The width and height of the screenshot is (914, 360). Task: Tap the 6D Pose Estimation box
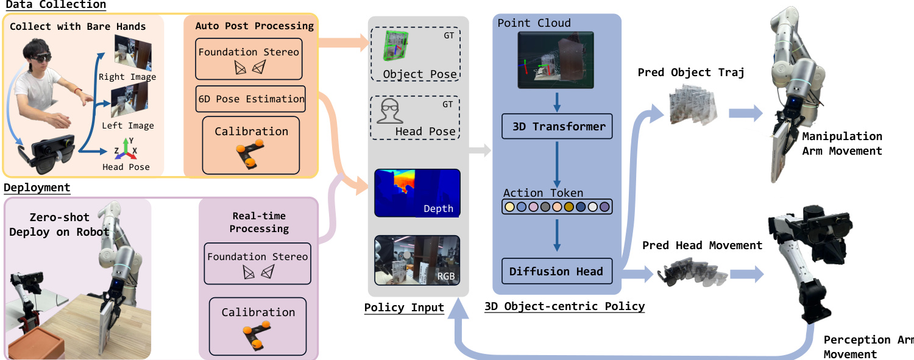[x=250, y=99]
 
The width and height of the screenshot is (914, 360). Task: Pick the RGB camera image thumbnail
[x=417, y=261]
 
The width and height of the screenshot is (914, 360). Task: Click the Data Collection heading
[x=55, y=5]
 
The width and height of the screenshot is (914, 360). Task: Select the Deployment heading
[x=37, y=188]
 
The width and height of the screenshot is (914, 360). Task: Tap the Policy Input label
[x=404, y=307]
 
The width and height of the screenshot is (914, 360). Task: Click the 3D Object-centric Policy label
[x=564, y=306]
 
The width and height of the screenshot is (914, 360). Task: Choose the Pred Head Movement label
[x=702, y=245]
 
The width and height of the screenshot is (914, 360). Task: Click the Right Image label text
[x=127, y=77]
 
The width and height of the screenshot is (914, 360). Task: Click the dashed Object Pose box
[x=416, y=55]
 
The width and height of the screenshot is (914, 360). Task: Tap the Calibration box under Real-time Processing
[x=258, y=327]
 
